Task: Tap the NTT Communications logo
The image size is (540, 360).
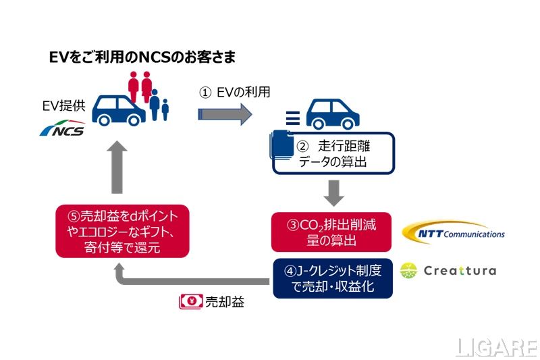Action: [453, 233]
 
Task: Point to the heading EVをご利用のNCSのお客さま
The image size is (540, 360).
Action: [142, 57]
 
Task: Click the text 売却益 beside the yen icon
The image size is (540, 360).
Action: [222, 302]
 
